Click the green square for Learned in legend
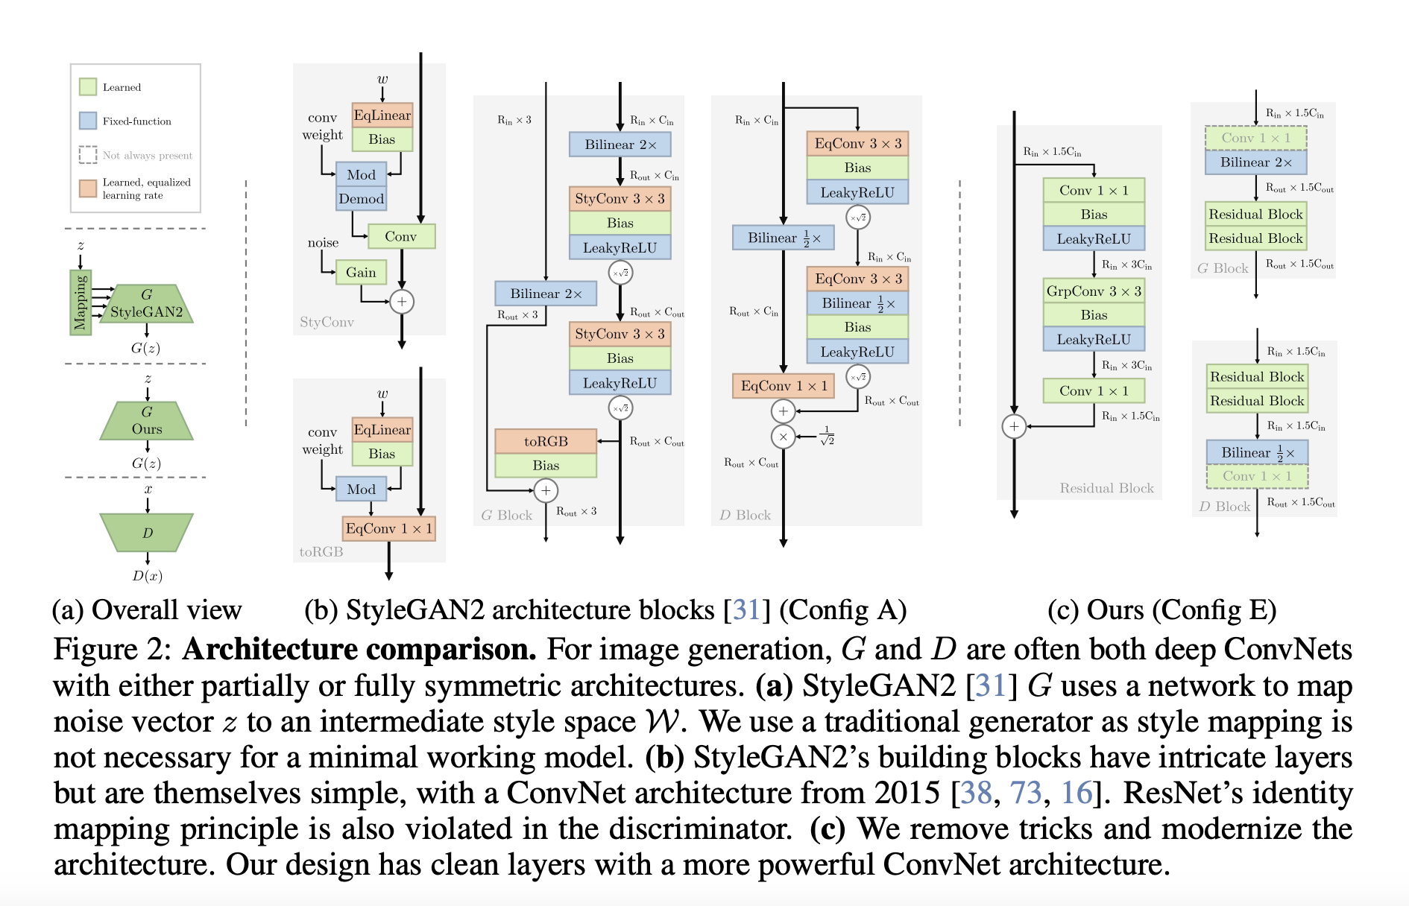point(88,87)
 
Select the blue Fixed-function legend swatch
point(88,121)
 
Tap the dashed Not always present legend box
point(88,155)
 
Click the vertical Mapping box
point(81,302)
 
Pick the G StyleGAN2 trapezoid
point(147,303)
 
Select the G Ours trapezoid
point(147,421)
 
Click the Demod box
point(361,199)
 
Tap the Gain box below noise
point(361,273)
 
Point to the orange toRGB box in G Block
point(546,441)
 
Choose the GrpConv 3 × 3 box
point(1094,291)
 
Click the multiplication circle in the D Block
point(783,437)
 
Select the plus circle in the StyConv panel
point(402,302)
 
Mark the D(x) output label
point(148,575)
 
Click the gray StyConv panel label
point(327,322)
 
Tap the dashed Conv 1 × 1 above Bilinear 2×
point(1255,138)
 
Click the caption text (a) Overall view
point(147,610)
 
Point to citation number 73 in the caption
point(1025,793)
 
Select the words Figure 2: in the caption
point(113,650)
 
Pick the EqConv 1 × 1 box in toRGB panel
point(388,528)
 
